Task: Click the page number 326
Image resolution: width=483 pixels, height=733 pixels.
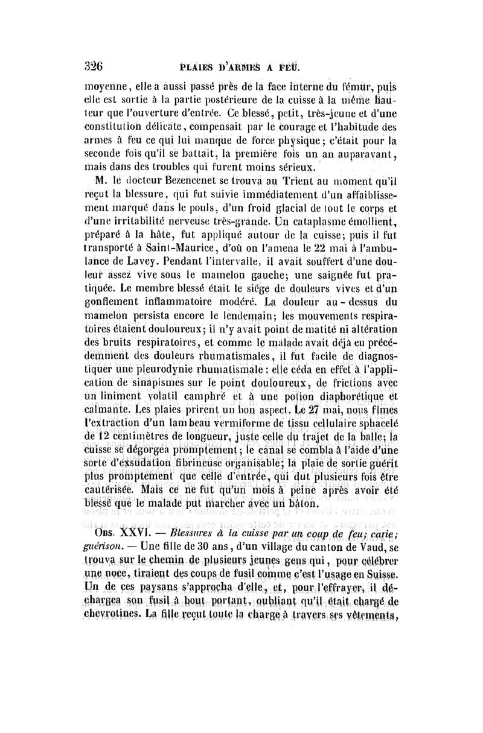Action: (94, 65)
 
